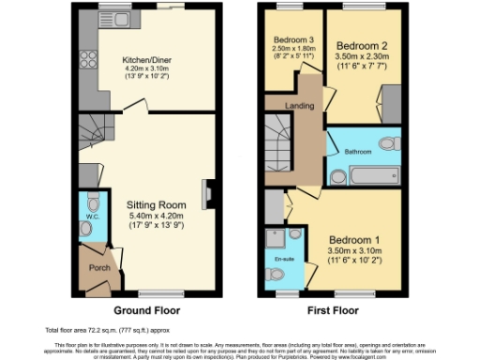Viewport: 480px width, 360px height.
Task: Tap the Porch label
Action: coord(97,267)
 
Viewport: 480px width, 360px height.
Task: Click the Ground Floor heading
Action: coord(146,310)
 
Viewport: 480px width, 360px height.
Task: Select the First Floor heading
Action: coord(334,310)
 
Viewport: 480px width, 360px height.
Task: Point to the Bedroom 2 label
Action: coord(360,45)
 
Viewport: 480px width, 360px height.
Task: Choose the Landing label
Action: coord(300,105)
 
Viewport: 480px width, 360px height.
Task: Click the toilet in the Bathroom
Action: coord(387,143)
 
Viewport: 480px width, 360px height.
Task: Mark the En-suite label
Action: coord(283,257)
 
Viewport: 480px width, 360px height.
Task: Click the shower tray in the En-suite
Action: coord(276,235)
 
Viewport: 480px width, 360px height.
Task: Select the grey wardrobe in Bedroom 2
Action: coord(390,104)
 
